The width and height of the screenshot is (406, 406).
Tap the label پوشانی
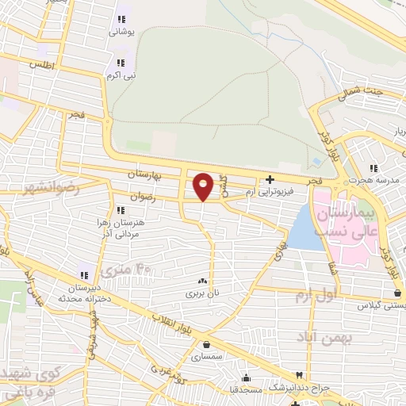click(x=122, y=32)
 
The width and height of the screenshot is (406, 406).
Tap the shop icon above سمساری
click(x=207, y=344)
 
